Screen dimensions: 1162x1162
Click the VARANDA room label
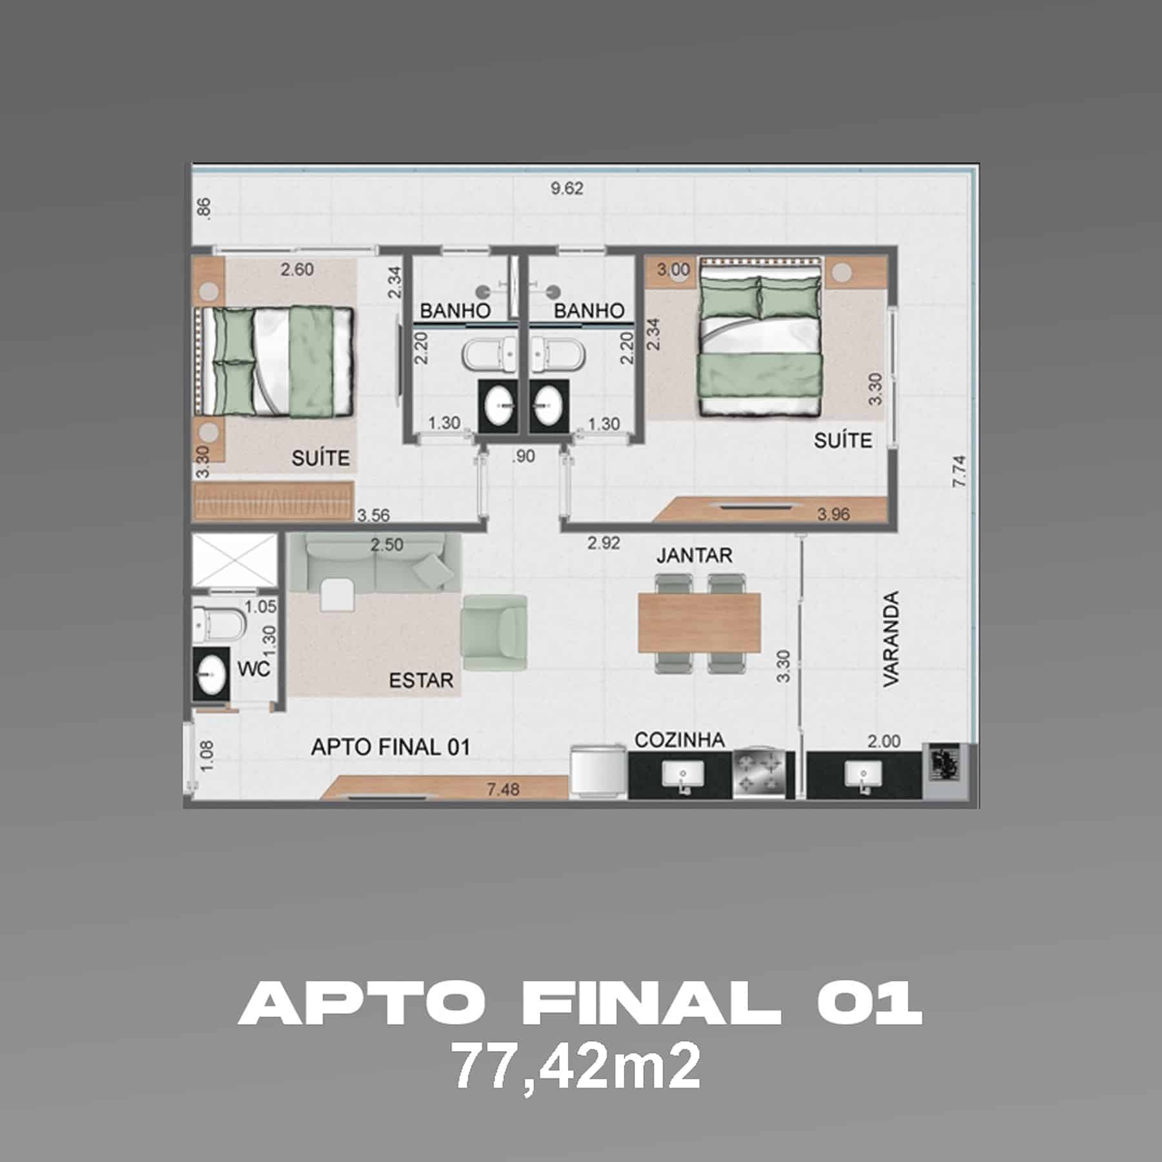point(891,638)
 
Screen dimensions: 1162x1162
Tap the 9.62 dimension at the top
point(567,189)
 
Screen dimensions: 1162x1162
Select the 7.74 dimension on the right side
point(959,471)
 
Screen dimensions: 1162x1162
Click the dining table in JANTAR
point(698,622)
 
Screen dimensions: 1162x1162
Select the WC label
point(254,669)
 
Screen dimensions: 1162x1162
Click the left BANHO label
point(455,311)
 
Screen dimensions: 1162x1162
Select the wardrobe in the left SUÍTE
point(274,500)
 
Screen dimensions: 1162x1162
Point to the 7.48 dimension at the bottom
point(503,789)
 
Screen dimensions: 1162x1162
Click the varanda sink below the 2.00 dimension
point(863,773)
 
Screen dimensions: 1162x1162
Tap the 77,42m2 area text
point(577,1068)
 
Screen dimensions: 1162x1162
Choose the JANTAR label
point(694,555)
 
